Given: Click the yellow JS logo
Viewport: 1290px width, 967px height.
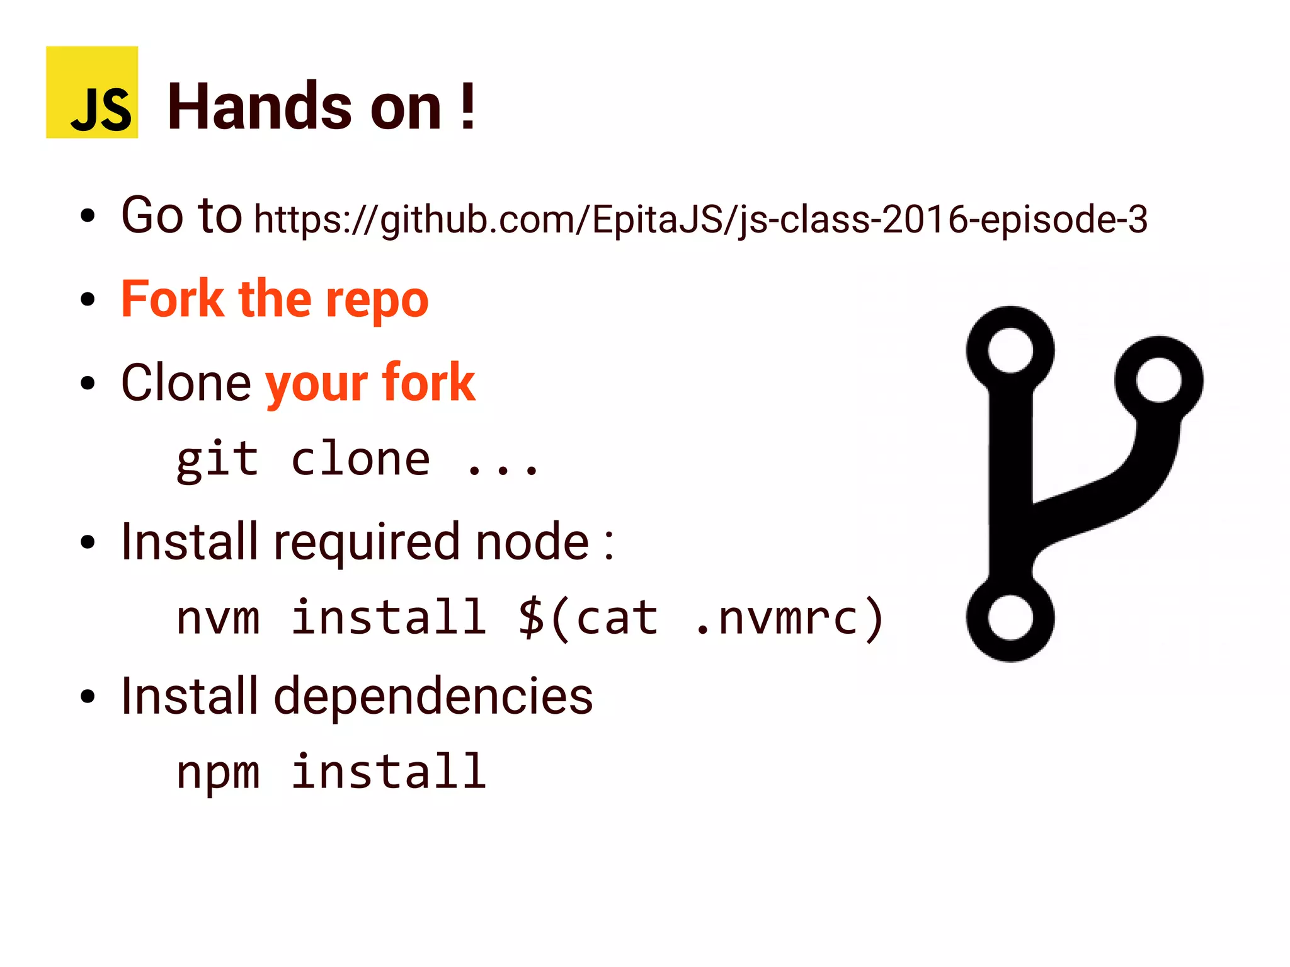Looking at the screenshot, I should point(92,92).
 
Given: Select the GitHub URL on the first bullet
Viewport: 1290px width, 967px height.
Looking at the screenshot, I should point(700,220).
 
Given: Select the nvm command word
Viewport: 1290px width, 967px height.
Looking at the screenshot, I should point(218,617).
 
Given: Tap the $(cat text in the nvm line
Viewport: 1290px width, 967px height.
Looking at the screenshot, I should point(588,617).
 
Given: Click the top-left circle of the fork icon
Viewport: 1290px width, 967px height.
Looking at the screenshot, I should point(1010,350).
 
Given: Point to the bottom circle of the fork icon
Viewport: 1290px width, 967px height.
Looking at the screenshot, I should point(1010,617).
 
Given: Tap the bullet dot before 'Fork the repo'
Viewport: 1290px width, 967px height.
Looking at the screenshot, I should point(88,300).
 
